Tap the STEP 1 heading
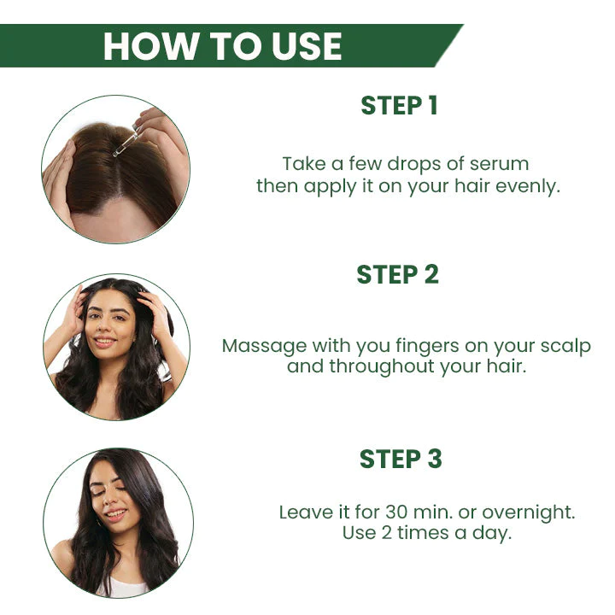(x=399, y=106)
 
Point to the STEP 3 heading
(x=401, y=459)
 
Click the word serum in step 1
(x=503, y=163)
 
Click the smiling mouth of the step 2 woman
(x=105, y=342)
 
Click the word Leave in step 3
(x=304, y=512)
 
